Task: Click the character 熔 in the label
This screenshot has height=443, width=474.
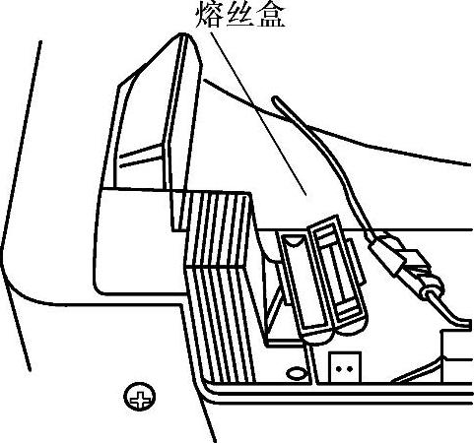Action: click(209, 14)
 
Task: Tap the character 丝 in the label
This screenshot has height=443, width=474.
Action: click(238, 15)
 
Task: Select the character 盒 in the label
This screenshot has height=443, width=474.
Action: click(270, 15)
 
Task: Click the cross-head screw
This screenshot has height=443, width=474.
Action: click(139, 396)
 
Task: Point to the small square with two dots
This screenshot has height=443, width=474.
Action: click(345, 367)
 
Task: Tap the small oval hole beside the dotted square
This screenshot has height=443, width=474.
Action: click(297, 373)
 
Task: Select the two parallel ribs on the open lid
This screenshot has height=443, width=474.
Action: click(141, 155)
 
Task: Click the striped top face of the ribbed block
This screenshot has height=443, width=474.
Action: click(218, 229)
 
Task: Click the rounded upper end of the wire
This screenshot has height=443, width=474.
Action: click(276, 98)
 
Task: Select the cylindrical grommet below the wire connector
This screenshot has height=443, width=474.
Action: click(433, 286)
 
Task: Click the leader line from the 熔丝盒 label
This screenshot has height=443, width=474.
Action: click(259, 113)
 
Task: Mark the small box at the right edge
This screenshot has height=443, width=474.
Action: click(457, 356)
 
